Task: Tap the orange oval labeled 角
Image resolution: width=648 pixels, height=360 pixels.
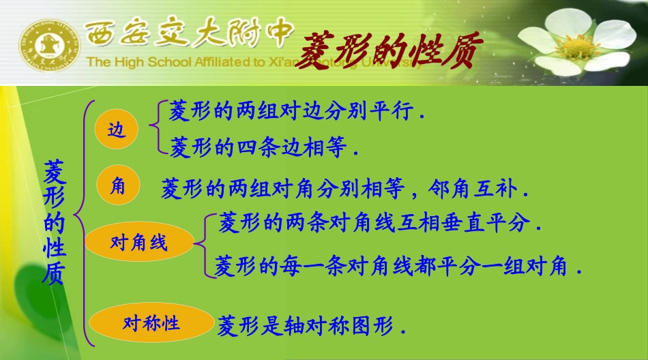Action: click(118, 185)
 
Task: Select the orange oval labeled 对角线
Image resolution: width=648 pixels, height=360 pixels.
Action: click(139, 242)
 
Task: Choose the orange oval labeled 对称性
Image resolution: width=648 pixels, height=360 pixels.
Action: click(151, 322)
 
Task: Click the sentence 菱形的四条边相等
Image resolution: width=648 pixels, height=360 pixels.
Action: click(263, 147)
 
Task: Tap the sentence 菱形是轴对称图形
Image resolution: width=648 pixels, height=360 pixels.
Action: click(311, 327)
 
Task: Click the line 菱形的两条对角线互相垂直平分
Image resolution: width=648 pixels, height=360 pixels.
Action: click(379, 223)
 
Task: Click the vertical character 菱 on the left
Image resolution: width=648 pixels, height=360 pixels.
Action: click(54, 172)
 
